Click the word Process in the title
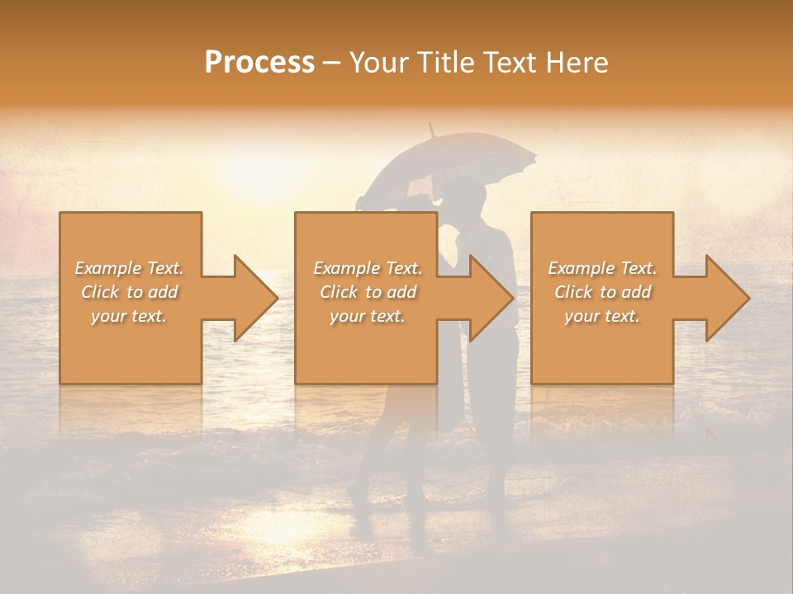pyautogui.click(x=259, y=63)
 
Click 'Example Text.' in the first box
pyautogui.click(x=130, y=268)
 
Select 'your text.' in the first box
pyautogui.click(x=130, y=316)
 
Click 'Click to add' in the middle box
pyautogui.click(x=368, y=292)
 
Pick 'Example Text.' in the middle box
pyautogui.click(x=368, y=268)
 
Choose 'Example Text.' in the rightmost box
pyautogui.click(x=602, y=268)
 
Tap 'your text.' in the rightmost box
pyautogui.click(x=602, y=316)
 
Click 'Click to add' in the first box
pyautogui.click(x=130, y=292)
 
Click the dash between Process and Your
pyautogui.click(x=332, y=63)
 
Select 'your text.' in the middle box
pyautogui.click(x=368, y=316)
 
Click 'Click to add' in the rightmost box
pyautogui.click(x=602, y=292)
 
